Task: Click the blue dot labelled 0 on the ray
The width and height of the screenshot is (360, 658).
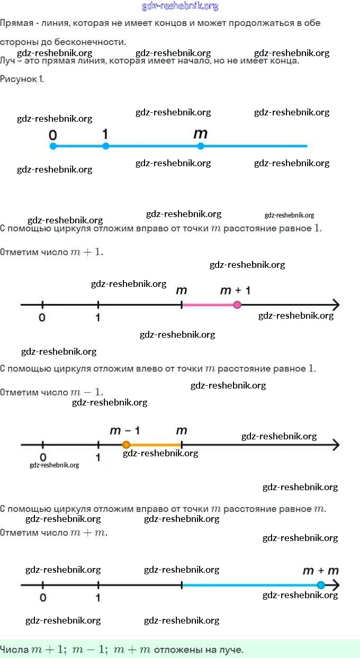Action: coord(53,146)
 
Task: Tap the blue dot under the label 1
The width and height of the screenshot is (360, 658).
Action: coord(106,146)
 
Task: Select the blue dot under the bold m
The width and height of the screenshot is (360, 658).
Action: coord(200,146)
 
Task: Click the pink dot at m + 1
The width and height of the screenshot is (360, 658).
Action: coord(237,304)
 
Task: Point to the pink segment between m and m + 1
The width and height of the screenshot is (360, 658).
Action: coord(209,304)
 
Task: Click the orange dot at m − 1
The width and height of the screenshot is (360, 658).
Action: coord(126,445)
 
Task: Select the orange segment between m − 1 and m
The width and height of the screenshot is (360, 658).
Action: coord(154,445)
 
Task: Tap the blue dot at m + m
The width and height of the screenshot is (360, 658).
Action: coord(320,585)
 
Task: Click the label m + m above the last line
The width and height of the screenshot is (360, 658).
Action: coord(320,571)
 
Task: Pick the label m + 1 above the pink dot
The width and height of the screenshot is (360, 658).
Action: coord(235,290)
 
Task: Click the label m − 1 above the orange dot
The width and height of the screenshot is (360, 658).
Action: coord(124,430)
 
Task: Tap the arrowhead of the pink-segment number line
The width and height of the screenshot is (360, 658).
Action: coord(335,304)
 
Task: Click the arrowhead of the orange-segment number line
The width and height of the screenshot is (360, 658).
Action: coord(335,445)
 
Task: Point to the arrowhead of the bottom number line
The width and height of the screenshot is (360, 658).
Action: coord(335,585)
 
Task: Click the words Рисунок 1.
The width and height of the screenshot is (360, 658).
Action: coord(22,79)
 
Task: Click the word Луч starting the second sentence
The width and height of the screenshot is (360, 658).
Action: coord(7,60)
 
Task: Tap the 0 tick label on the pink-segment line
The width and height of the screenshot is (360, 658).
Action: coord(42,318)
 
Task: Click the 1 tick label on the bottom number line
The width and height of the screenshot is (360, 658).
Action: coord(98,598)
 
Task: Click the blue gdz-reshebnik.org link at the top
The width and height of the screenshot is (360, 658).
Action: coord(180,6)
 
